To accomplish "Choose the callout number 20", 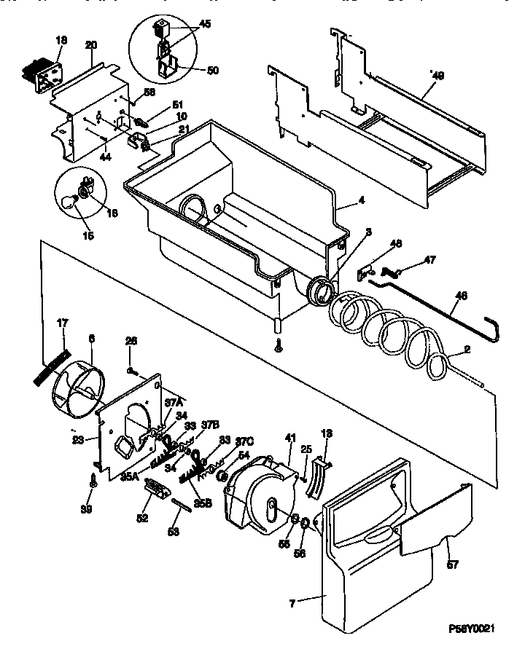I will point(91,45).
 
